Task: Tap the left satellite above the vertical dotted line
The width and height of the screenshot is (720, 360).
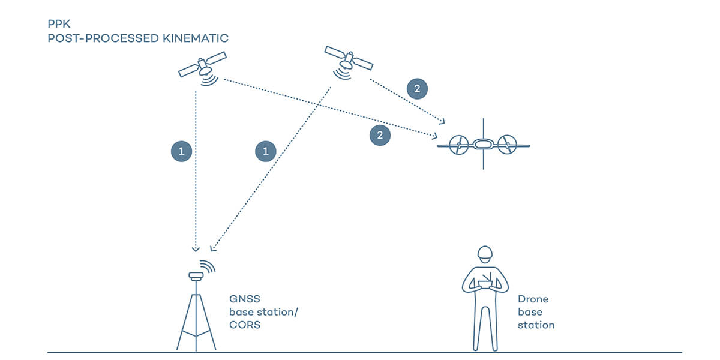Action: tap(202, 64)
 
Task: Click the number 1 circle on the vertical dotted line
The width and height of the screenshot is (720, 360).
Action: tap(182, 152)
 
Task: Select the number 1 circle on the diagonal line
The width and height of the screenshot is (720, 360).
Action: tap(266, 152)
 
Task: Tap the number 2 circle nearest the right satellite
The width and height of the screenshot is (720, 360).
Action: tap(417, 89)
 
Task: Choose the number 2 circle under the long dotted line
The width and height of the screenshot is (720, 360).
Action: tap(379, 135)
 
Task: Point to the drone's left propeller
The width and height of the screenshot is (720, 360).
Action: tap(458, 144)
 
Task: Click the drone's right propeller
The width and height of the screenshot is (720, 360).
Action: tap(507, 144)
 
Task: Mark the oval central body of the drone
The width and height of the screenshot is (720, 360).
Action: tap(483, 144)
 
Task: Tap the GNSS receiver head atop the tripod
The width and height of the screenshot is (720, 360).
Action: tap(196, 276)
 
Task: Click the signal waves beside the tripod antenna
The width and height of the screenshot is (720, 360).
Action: tap(208, 266)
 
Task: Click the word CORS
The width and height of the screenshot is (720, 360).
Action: tap(244, 325)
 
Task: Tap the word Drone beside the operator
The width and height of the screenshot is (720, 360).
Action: tap(533, 299)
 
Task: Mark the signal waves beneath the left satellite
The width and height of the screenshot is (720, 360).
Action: tap(209, 80)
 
